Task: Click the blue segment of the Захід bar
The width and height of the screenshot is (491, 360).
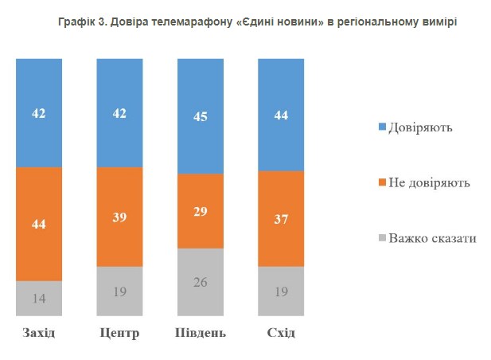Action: click(x=39, y=113)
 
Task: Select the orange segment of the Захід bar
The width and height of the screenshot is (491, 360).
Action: click(x=39, y=224)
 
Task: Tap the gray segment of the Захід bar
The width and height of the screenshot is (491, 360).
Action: click(x=39, y=299)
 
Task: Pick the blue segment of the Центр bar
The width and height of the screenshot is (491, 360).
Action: click(x=119, y=113)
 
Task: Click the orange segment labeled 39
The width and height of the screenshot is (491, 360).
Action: click(x=119, y=217)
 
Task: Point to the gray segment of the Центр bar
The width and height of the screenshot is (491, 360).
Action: click(x=119, y=292)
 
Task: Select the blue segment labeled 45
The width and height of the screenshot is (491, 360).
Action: click(x=200, y=116)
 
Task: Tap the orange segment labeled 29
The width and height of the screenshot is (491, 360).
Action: click(x=200, y=211)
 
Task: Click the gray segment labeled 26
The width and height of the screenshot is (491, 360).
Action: click(x=200, y=283)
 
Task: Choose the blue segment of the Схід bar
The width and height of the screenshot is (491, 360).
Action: click(x=281, y=115)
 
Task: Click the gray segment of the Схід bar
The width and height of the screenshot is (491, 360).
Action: click(x=281, y=292)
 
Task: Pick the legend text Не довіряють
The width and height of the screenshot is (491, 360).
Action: click(x=429, y=183)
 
